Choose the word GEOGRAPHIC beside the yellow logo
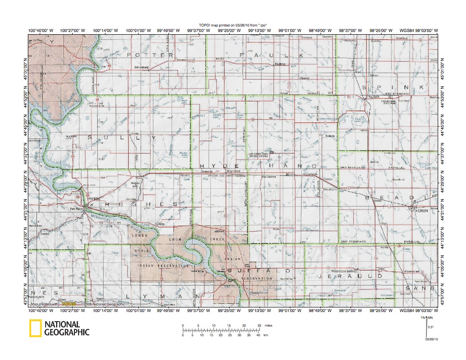click(x=67, y=333)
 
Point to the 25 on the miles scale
click(x=259, y=325)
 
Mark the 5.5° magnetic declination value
click(x=430, y=327)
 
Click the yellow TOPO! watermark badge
click(x=68, y=303)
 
